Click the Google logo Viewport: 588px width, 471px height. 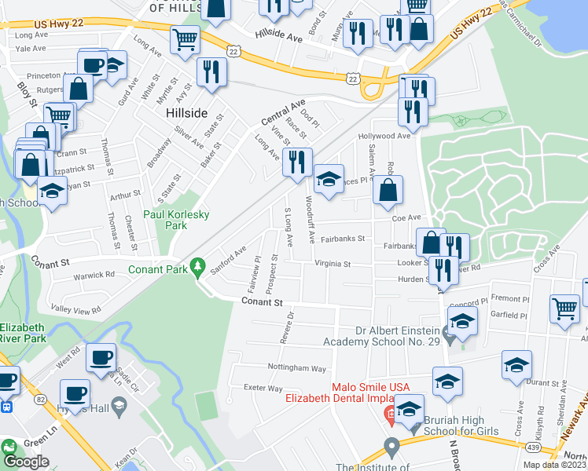coord(26,462)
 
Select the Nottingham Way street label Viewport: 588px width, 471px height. coord(296,368)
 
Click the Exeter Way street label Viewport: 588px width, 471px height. coord(263,388)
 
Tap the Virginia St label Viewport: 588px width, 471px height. coord(332,265)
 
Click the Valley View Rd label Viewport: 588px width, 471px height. coord(75,309)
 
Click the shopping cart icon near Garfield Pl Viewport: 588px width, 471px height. coord(564,308)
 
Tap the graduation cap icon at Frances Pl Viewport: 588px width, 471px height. coord(329,179)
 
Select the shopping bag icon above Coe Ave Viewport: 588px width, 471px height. coord(388,189)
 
